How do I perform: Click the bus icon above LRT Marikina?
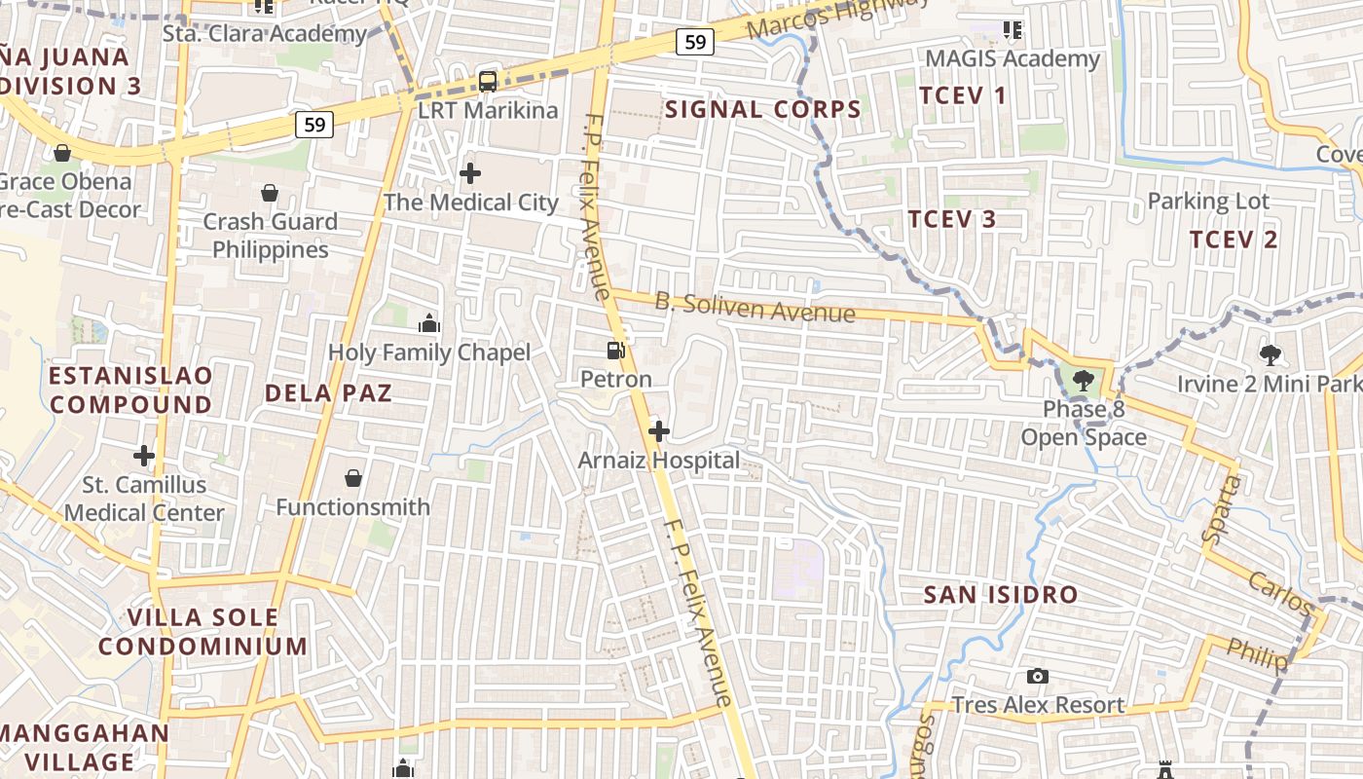click(488, 82)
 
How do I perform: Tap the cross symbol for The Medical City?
click(470, 174)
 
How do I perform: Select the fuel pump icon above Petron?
click(615, 350)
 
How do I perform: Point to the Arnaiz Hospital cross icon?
click(659, 430)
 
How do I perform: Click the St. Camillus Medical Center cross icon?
click(144, 455)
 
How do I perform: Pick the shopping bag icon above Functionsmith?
click(353, 478)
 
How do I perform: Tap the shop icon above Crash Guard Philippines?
click(270, 194)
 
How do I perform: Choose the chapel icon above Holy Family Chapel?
click(429, 323)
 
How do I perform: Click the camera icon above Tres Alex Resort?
click(1038, 676)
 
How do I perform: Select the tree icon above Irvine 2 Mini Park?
click(1270, 355)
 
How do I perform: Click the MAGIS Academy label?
click(1013, 58)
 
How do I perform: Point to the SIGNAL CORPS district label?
click(763, 109)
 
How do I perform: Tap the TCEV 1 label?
click(964, 95)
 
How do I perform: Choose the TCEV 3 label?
click(952, 219)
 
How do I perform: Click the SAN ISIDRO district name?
click(1001, 594)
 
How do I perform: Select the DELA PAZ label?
click(328, 393)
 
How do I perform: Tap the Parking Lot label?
click(1208, 202)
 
